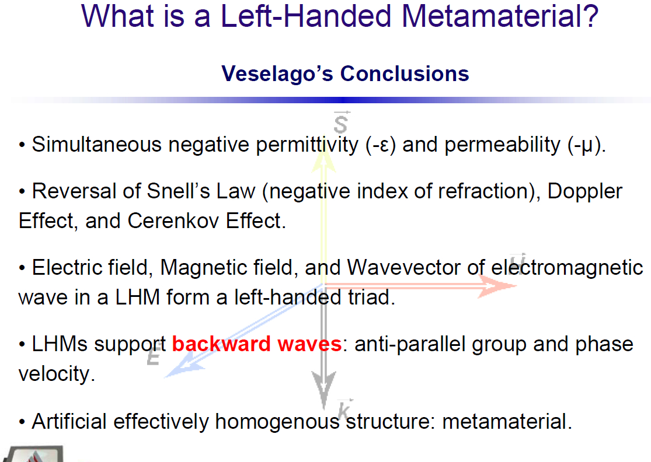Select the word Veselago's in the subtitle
(277, 73)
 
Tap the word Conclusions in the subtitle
(405, 73)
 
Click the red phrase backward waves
(256, 344)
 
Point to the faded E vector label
(153, 355)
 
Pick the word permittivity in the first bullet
(307, 145)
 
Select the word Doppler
(584, 192)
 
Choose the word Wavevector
(403, 268)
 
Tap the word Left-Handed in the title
(306, 16)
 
